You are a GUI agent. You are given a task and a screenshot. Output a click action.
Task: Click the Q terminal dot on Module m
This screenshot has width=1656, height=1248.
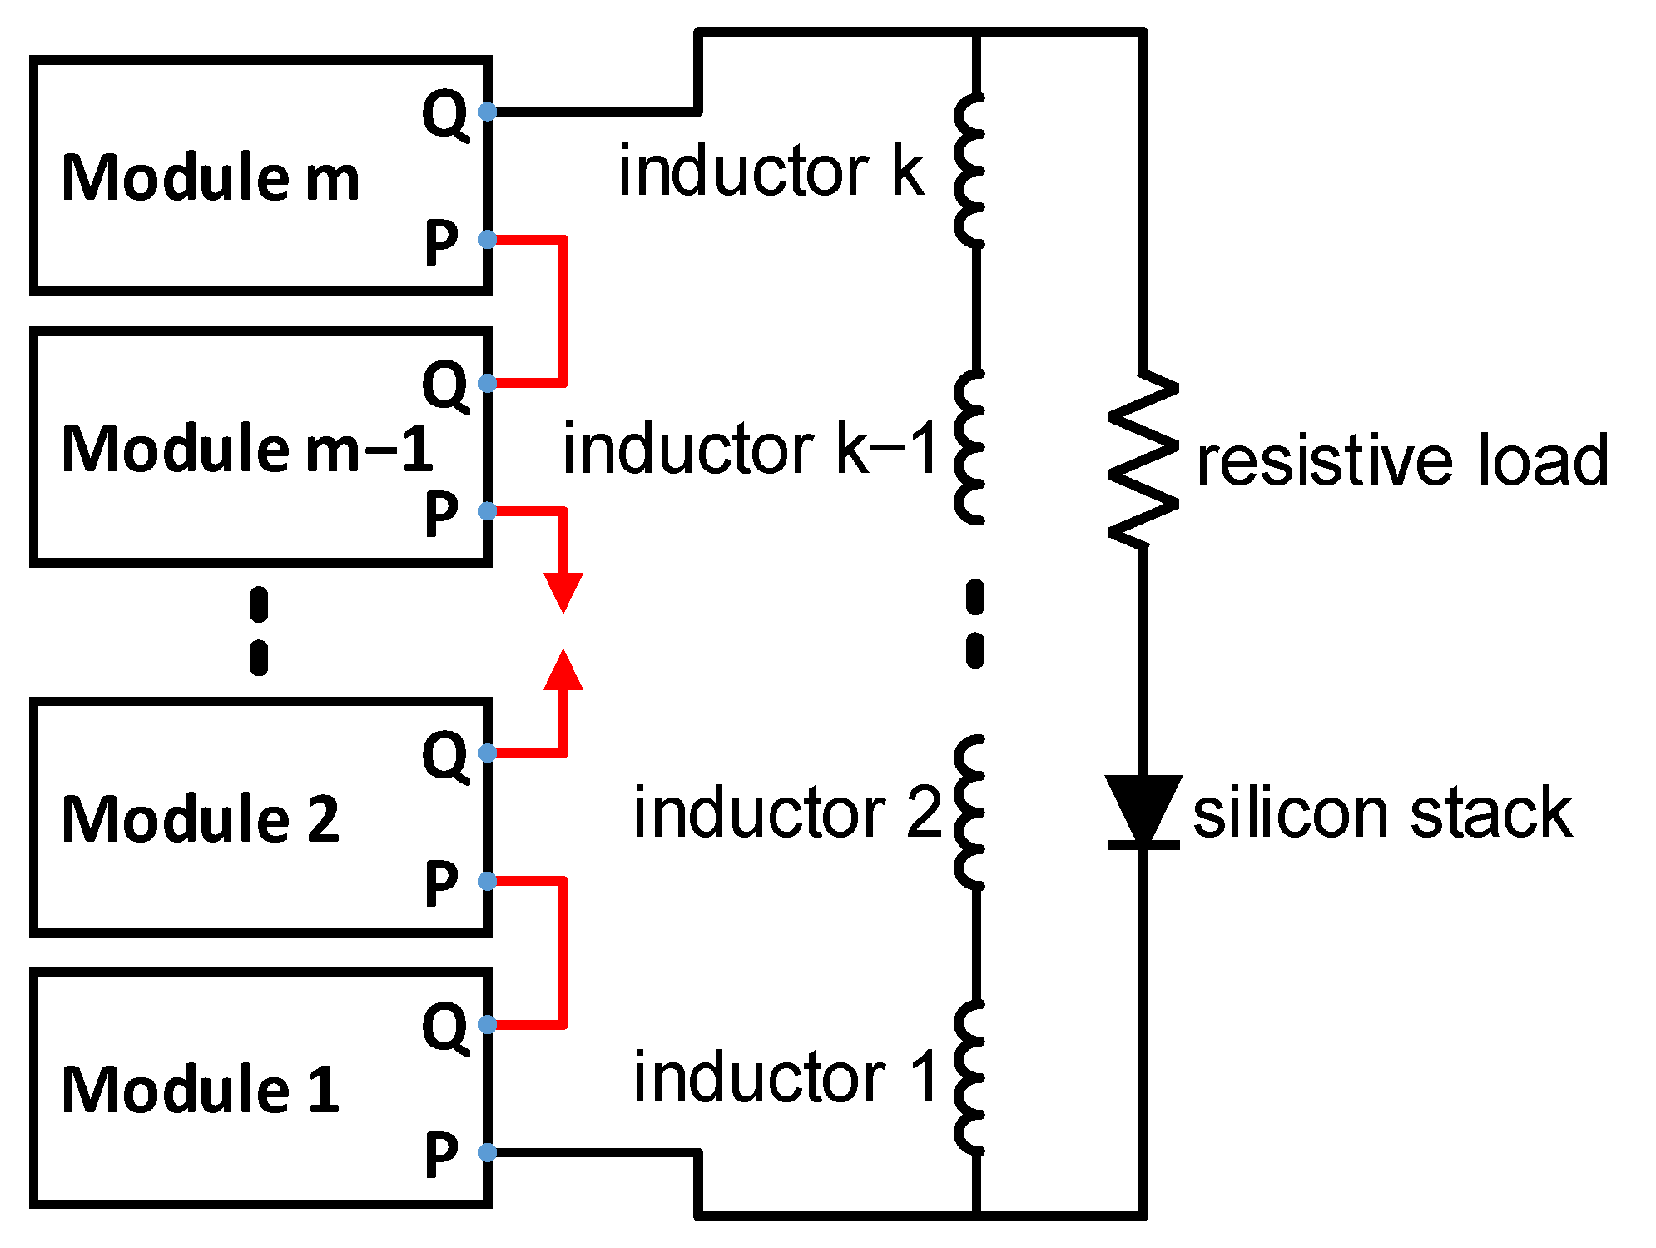coord(488,112)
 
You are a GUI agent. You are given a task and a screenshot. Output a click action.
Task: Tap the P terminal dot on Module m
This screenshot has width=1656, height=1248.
coord(488,240)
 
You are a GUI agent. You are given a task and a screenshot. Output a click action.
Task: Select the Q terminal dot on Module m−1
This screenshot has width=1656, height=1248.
coord(488,383)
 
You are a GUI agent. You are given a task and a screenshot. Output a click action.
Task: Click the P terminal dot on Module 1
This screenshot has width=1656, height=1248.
coord(488,1153)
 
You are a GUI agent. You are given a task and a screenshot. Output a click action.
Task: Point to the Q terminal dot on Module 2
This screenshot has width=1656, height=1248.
coord(488,753)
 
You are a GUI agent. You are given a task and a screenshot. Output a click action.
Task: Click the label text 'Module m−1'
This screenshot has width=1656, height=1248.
coord(247,450)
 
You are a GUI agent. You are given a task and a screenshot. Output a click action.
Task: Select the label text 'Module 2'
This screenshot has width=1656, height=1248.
coord(201,820)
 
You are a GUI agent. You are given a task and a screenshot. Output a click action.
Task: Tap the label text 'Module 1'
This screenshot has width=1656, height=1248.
coord(201,1091)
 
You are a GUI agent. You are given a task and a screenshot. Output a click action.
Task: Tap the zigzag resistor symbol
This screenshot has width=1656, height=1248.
coord(1143,460)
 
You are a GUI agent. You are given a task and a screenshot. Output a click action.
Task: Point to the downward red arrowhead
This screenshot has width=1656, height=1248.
coord(563,592)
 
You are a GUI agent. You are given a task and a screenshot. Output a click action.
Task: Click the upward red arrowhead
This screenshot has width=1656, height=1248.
coord(563,671)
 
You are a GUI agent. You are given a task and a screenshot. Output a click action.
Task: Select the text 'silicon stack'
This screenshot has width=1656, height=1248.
coord(1381,813)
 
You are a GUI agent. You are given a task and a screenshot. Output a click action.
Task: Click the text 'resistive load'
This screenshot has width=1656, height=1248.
coord(1402,460)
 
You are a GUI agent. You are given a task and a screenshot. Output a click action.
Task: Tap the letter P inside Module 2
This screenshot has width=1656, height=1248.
coord(441,883)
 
